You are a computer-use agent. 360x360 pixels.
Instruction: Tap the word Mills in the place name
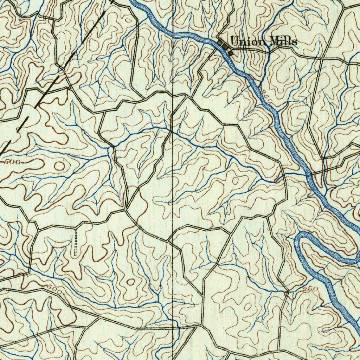pos(283,41)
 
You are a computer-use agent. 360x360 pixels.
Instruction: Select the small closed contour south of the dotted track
pos(131,282)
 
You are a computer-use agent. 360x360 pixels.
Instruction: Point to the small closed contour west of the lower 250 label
pos(248,307)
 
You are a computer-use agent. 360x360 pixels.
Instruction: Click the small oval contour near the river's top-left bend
pos(129,20)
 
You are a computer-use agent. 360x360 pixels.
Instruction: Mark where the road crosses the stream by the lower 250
pos(288,292)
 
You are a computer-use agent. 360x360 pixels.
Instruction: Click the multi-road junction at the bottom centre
pos(202,326)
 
